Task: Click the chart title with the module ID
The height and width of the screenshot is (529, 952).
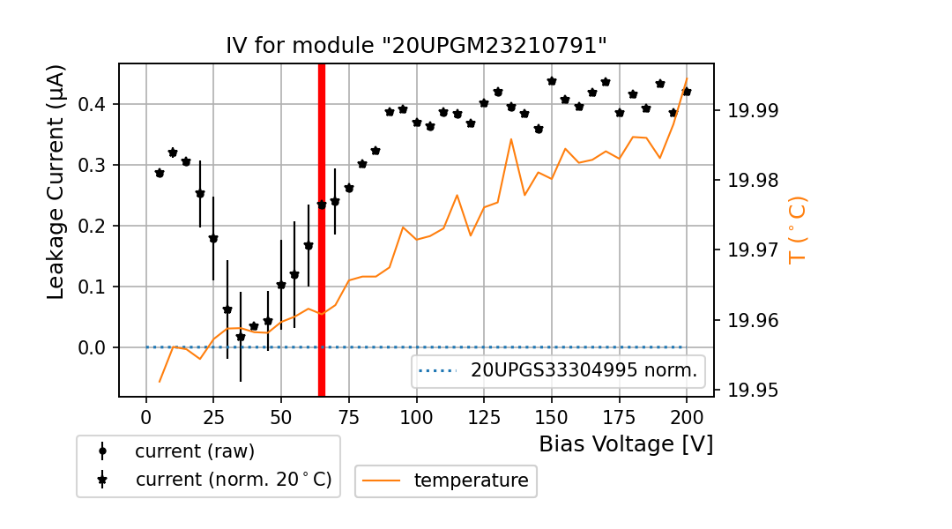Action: (x=416, y=46)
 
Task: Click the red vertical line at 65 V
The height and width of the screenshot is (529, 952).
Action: (x=322, y=229)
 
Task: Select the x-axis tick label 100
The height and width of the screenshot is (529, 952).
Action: (x=416, y=415)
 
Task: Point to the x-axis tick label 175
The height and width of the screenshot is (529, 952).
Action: (x=619, y=415)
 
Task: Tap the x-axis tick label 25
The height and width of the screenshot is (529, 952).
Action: (x=213, y=415)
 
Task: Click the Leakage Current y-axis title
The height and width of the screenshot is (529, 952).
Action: (x=56, y=182)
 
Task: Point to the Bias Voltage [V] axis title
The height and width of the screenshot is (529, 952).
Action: (x=626, y=443)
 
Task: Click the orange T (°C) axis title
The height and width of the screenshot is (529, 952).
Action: (x=798, y=230)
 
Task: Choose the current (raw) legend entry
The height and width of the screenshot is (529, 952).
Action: (x=194, y=451)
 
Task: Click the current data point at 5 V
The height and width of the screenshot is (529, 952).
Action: (x=160, y=173)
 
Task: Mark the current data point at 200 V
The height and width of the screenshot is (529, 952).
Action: (x=687, y=92)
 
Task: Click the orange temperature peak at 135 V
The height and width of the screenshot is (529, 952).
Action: (x=511, y=138)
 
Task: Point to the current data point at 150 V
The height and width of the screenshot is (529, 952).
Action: (x=552, y=81)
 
